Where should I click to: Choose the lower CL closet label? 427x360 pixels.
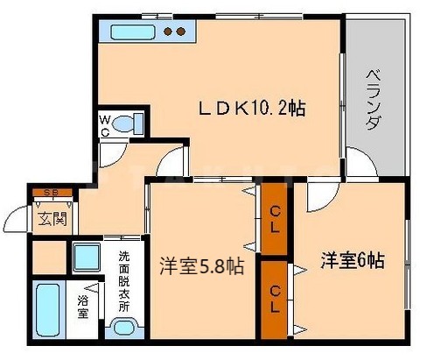pyautogui.click(x=275, y=290)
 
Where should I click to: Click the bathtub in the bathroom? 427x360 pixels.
pyautogui.click(x=48, y=312)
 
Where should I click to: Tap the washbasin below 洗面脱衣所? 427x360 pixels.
pyautogui.click(x=125, y=330)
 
